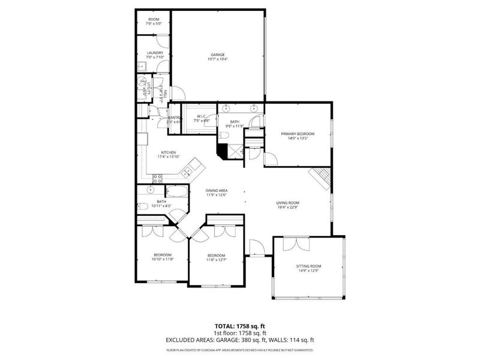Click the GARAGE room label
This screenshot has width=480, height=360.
pyautogui.click(x=217, y=55)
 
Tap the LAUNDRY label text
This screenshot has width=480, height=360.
pyautogui.click(x=155, y=53)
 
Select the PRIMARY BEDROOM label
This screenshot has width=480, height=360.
pyautogui.click(x=298, y=134)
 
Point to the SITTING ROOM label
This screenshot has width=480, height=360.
pyautogui.click(x=308, y=266)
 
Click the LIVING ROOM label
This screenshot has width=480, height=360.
pyautogui.click(x=288, y=203)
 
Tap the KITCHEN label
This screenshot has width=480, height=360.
pyautogui.click(x=169, y=152)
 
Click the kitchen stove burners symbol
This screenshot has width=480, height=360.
pyautogui.click(x=158, y=178)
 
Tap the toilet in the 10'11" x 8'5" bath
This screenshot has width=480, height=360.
pyautogui.click(x=144, y=207)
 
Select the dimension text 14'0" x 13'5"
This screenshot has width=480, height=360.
pyautogui.click(x=298, y=139)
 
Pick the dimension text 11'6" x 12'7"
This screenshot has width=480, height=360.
pyautogui.click(x=216, y=260)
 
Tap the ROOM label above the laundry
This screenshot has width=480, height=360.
pyautogui.click(x=154, y=20)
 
